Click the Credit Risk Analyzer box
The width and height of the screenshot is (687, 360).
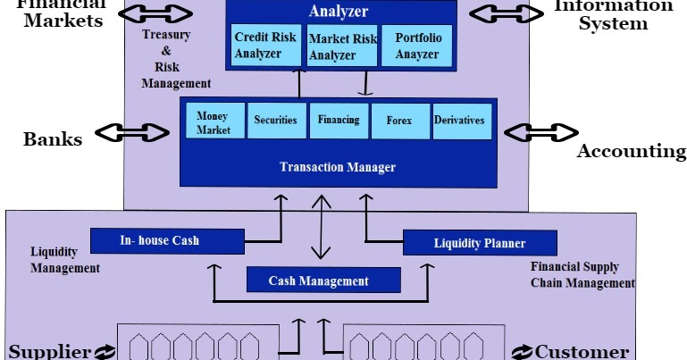point(264,46)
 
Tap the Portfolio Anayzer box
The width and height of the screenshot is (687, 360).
point(416,46)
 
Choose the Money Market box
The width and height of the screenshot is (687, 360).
point(214,122)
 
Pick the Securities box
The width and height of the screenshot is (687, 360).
point(275,121)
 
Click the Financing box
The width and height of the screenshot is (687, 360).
point(338,121)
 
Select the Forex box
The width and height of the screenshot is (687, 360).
point(398,121)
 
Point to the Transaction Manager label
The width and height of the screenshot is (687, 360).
point(337,167)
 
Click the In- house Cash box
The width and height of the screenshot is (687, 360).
point(167,240)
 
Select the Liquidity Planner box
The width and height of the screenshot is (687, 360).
point(479,243)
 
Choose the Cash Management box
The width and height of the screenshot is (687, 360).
point(318,280)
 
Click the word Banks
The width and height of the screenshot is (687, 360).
point(53,138)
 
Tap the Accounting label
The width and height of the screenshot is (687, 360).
point(631,151)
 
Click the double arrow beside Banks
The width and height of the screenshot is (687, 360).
point(131,133)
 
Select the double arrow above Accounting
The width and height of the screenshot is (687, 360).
point(540,131)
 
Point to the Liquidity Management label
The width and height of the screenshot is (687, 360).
point(64,260)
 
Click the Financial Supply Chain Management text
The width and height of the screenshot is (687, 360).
point(582,274)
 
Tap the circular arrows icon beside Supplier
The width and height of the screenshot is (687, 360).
point(105,352)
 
